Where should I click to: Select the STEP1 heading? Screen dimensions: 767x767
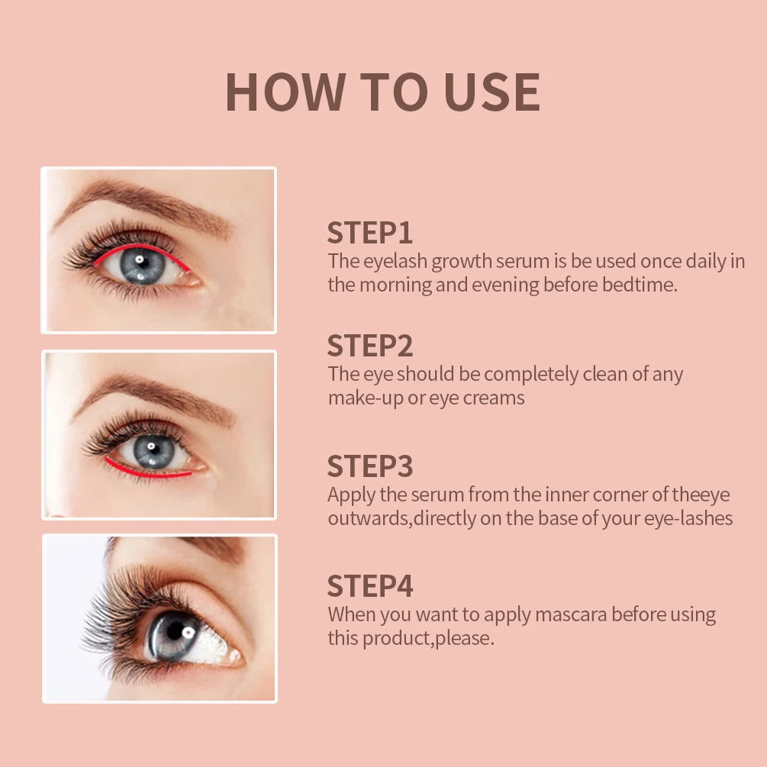click(370, 233)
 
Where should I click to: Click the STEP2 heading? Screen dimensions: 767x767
click(370, 346)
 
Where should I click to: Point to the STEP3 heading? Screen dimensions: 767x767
click(370, 466)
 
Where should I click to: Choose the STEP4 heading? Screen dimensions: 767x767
click(370, 586)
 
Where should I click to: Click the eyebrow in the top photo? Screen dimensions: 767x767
click(145, 200)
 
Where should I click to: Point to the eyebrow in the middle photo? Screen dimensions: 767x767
click(153, 390)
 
